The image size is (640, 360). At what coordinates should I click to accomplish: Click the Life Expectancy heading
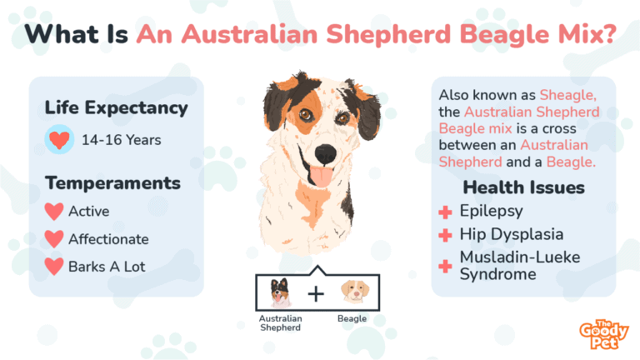pos(116,107)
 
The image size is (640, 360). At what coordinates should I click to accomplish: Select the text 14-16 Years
pos(121,139)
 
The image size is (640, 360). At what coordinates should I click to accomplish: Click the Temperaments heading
pos(112,182)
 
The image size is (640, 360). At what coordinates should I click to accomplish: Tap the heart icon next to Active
pos(54,211)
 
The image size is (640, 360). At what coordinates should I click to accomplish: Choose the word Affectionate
pos(109,239)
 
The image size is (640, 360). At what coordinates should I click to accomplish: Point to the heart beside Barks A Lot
pos(54,267)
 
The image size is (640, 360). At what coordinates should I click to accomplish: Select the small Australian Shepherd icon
pos(279,292)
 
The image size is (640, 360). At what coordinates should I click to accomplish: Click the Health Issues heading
pos(522,187)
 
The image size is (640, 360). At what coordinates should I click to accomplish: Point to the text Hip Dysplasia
pos(512,234)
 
